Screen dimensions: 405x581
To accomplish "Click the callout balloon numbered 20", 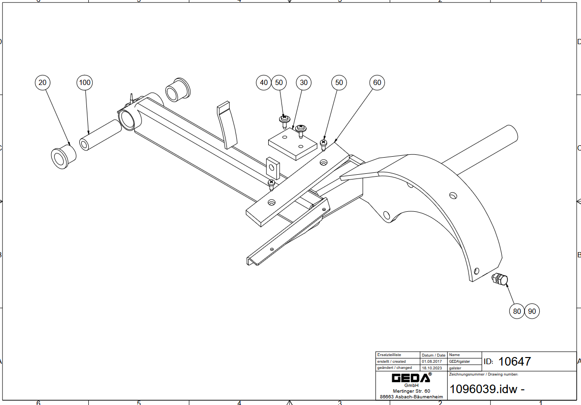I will tap(43, 83).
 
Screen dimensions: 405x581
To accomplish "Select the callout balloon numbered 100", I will tap(84, 83).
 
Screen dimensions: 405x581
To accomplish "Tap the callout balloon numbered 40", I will tap(263, 83).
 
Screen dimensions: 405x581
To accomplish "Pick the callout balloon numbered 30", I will tap(304, 83).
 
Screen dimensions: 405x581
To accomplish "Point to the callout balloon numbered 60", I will tap(377, 83).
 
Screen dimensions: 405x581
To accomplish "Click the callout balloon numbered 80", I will tap(516, 311).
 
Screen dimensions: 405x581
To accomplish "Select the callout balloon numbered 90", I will tap(532, 311).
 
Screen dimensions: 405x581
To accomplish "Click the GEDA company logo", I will tap(411, 378).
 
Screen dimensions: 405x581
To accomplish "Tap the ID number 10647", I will tap(515, 362).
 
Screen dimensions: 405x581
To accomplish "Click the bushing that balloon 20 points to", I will tap(63, 156).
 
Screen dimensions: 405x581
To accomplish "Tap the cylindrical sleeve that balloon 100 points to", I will tap(100, 135).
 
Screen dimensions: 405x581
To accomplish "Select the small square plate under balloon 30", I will tap(292, 144).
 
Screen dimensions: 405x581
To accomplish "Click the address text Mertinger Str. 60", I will tap(411, 391).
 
